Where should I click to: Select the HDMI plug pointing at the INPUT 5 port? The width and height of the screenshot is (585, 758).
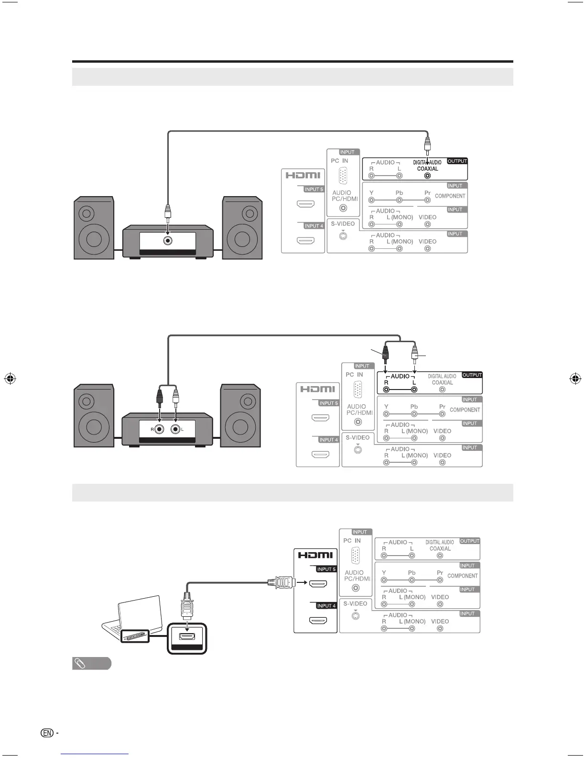click(282, 582)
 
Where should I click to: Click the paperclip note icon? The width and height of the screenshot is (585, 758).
click(80, 664)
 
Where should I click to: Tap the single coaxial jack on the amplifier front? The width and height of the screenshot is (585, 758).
click(168, 241)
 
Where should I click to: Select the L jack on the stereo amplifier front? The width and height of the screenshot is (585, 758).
click(176, 429)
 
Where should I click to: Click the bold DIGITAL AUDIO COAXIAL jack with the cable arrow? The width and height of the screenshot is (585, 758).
click(427, 176)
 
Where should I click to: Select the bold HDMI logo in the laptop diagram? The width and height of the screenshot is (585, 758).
click(315, 555)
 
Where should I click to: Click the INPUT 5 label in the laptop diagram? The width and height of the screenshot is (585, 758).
click(327, 569)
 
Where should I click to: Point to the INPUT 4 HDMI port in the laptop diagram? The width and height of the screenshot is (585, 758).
click(318, 621)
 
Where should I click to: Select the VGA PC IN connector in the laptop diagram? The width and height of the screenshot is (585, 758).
click(355, 556)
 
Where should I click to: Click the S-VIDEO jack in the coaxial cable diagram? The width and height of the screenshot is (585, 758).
click(343, 236)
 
